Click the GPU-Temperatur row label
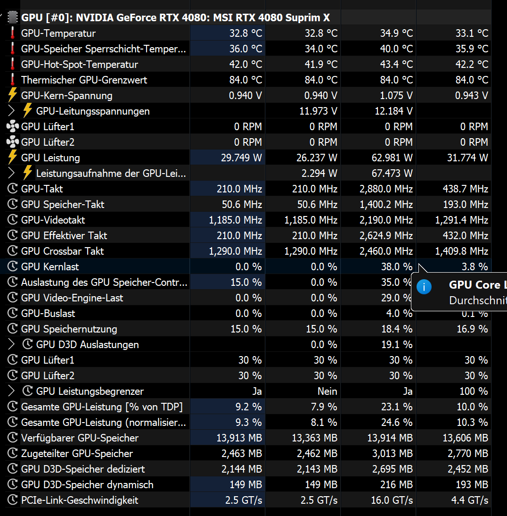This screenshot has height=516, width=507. (x=58, y=33)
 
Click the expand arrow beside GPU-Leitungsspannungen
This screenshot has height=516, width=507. (x=12, y=111)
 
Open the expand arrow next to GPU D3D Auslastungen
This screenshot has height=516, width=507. (x=12, y=345)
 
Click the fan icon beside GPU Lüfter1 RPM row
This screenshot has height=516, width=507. (x=12, y=127)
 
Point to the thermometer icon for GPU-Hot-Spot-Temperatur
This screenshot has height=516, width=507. (x=12, y=65)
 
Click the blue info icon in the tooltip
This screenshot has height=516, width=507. (x=425, y=287)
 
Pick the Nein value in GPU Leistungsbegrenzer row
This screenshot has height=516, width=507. (x=327, y=391)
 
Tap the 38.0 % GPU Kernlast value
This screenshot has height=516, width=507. (x=397, y=267)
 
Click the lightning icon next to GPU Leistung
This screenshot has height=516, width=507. (x=12, y=158)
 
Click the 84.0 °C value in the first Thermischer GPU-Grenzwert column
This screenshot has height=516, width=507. (x=245, y=80)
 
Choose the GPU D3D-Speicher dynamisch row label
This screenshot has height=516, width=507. (x=87, y=485)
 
